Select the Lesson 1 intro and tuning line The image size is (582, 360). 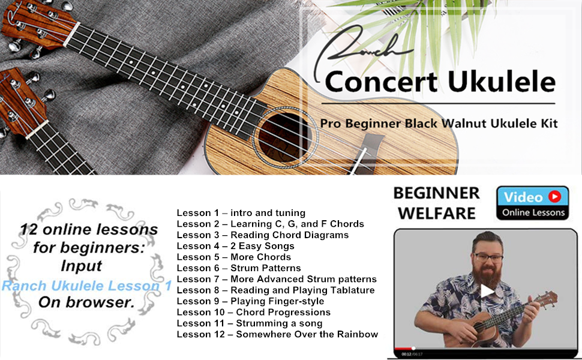[241, 213]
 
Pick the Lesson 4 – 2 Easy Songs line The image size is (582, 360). [235, 246]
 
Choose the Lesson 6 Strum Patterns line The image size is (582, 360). [239, 268]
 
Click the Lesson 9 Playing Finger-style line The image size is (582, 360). [250, 301]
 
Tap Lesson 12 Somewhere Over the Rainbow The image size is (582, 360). [277, 334]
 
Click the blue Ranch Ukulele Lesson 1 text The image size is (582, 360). [86, 286]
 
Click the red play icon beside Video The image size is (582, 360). [555, 196]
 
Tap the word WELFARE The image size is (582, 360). [437, 214]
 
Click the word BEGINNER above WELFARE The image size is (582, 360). [437, 193]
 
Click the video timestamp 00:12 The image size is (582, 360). [406, 354]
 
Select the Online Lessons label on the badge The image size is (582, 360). [533, 212]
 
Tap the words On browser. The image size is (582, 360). [86, 302]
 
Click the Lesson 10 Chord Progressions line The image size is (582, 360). [254, 312]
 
